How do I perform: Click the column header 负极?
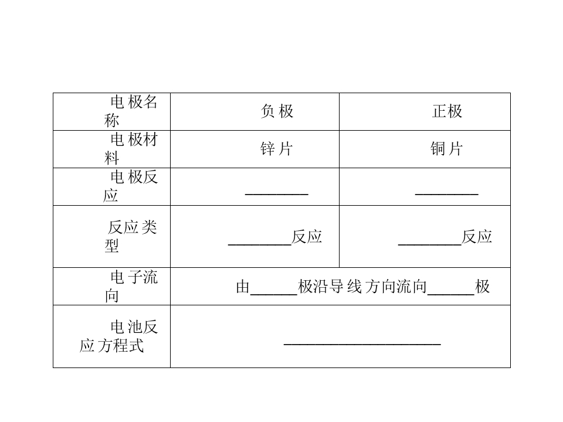(x=277, y=111)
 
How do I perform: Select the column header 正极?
(x=447, y=111)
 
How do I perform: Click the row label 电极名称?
(x=131, y=111)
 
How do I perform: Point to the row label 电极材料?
(x=131, y=149)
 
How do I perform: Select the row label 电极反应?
(x=130, y=186)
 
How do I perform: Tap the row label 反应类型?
(x=131, y=236)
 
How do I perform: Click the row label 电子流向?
(x=131, y=287)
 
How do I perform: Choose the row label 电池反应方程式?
(x=118, y=336)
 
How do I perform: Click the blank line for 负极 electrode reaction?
(x=276, y=194)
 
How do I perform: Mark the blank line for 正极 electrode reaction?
(x=447, y=194)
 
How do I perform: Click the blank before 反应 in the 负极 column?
(x=260, y=245)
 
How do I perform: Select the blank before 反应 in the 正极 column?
(x=430, y=245)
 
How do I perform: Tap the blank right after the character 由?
(x=274, y=294)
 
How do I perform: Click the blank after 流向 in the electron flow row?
(x=451, y=294)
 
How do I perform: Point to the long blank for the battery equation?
(x=362, y=344)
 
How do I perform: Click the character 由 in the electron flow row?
(x=243, y=287)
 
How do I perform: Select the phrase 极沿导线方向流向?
(x=362, y=287)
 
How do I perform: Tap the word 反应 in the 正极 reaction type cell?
(x=477, y=237)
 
